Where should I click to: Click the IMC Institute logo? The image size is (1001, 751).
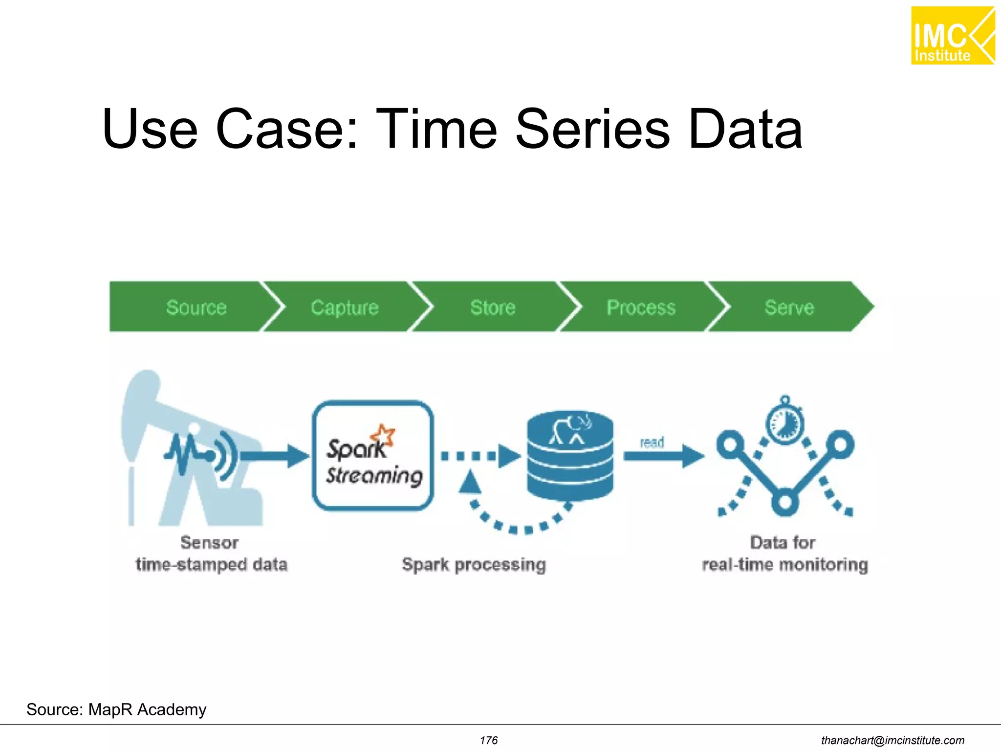[x=952, y=36]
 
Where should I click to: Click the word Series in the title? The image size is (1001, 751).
[x=592, y=129]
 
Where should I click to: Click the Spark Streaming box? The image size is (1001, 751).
[x=373, y=456]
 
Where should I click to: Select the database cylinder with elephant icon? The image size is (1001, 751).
[x=570, y=456]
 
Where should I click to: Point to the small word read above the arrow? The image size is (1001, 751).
[x=652, y=442]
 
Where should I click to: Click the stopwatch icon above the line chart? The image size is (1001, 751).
[x=784, y=421]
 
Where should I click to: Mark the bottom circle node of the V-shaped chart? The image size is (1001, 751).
[x=784, y=502]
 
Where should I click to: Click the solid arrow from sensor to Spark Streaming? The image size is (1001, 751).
[x=274, y=456]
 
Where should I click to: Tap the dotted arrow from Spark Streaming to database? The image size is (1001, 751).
[x=479, y=456]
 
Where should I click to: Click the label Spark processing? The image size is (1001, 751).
[x=473, y=565]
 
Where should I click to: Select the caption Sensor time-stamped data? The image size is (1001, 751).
[x=211, y=554]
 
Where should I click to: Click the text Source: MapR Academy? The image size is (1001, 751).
[x=116, y=709]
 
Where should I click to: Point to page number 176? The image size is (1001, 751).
[x=488, y=740]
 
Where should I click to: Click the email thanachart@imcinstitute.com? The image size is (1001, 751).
[x=892, y=740]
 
